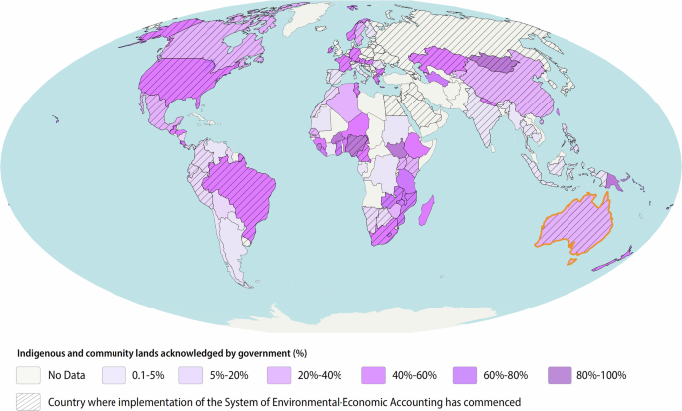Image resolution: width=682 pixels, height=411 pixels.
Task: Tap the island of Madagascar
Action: (429, 210)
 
